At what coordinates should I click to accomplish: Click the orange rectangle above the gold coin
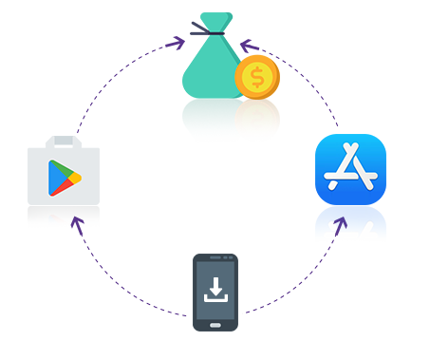pos(270,25)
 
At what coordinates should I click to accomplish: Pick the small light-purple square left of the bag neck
pos(175,43)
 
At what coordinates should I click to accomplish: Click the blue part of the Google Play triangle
pos(55,177)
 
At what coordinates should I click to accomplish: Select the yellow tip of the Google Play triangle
pos(75,178)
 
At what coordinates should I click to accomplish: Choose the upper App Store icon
pos(350,169)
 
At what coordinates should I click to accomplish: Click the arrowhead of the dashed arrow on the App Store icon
pos(344,221)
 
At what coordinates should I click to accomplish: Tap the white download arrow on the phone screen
pos(215,288)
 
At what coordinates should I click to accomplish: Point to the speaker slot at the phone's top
pos(215,256)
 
